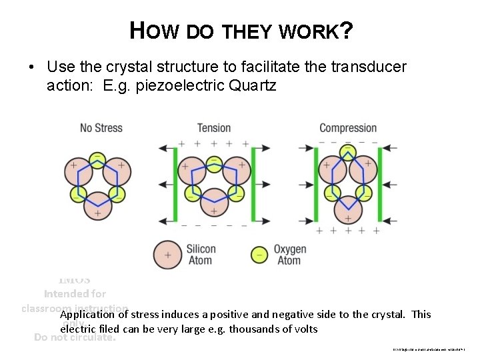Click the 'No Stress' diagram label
101,127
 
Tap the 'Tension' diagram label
213,127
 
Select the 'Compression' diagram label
347,127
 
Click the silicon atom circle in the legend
168,255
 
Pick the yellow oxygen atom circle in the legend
259,255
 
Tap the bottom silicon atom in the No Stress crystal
97,213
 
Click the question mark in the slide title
346,29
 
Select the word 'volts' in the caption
303,329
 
